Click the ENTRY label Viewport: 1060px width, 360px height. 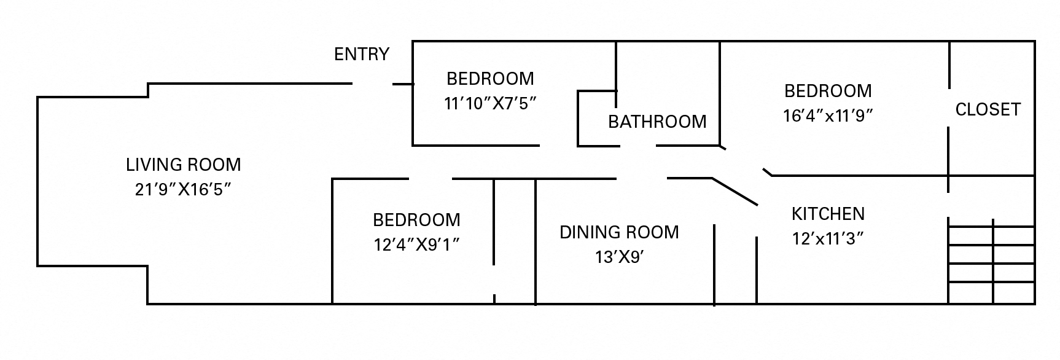[x=361, y=55]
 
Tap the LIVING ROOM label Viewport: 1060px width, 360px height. [x=183, y=165]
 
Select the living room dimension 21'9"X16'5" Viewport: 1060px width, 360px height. [x=183, y=189]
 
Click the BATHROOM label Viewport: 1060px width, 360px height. [x=657, y=122]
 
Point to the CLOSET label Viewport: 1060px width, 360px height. [x=988, y=109]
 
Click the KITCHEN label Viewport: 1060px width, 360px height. [x=828, y=214]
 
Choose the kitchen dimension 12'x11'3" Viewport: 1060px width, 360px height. [x=828, y=238]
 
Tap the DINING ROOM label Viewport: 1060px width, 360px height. [x=619, y=232]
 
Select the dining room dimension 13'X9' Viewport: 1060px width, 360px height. [x=619, y=257]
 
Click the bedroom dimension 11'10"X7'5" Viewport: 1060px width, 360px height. [x=490, y=103]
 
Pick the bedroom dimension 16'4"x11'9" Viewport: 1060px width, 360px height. [x=828, y=115]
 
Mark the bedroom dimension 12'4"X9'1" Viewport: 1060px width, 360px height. [x=416, y=245]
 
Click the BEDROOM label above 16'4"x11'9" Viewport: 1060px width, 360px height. [x=828, y=91]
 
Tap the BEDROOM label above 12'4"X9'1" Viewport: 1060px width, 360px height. [x=416, y=220]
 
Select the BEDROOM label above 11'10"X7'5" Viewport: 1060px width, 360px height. [x=490, y=79]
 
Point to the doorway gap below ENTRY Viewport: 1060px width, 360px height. [x=372, y=84]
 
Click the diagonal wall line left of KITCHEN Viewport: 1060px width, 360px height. [x=735, y=192]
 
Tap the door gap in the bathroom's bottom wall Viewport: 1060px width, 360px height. [x=637, y=146]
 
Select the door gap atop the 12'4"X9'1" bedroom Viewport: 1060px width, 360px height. [x=431, y=179]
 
